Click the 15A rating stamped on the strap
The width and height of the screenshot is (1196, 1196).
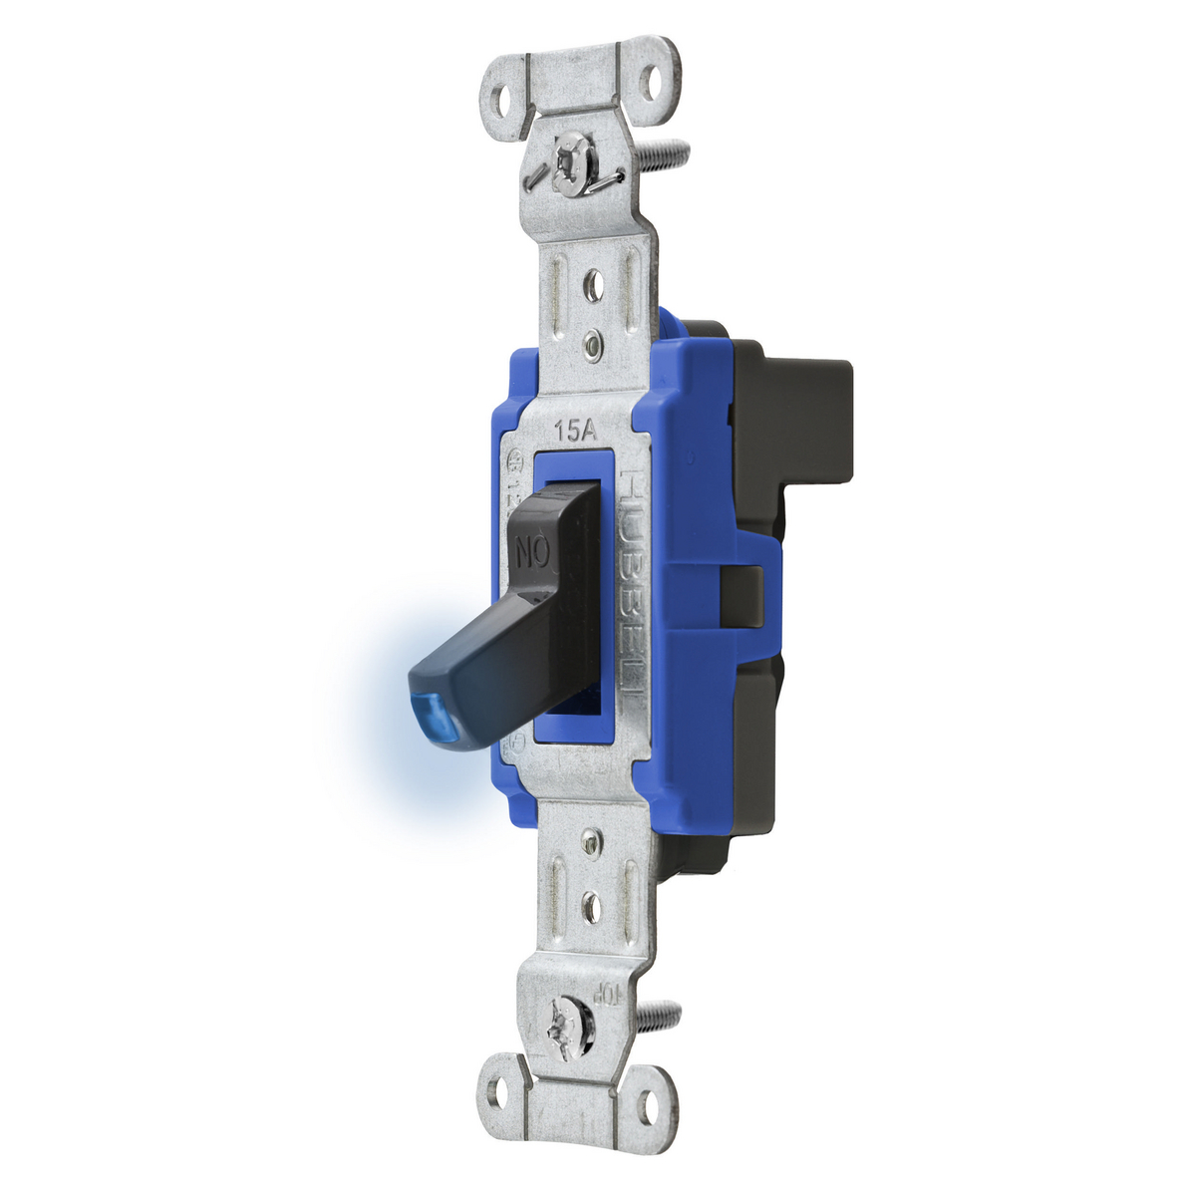575,431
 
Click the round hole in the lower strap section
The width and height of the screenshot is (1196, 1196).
591,905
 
